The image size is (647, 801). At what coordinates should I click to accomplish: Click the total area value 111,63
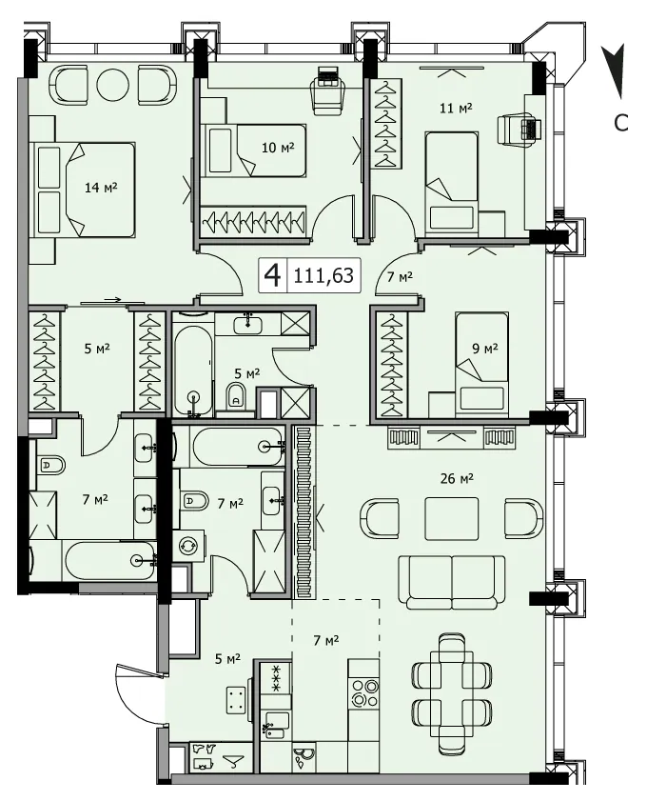[x=323, y=276]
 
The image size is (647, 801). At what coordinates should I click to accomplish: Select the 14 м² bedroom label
[x=101, y=188]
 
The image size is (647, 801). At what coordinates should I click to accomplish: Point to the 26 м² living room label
[x=457, y=479]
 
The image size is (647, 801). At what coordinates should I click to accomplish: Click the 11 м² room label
[x=456, y=108]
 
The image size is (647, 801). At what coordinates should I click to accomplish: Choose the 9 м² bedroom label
[x=484, y=349]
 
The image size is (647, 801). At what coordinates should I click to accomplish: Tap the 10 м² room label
[x=278, y=148]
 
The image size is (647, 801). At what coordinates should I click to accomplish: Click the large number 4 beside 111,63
[x=272, y=276]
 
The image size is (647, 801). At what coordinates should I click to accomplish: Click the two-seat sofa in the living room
[x=452, y=582]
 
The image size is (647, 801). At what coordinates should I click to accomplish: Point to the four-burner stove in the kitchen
[x=363, y=692]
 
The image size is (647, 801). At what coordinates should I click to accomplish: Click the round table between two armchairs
[x=112, y=84]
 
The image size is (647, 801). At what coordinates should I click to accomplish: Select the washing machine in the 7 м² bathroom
[x=188, y=546]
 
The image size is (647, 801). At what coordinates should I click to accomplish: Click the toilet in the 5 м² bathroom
[x=235, y=397]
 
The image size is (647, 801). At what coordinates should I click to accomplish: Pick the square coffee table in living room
[x=452, y=518]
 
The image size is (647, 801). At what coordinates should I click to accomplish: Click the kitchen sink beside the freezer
[x=275, y=726]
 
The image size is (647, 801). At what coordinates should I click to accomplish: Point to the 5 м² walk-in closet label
[x=97, y=349]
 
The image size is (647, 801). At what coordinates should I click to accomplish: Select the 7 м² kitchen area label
[x=326, y=640]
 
